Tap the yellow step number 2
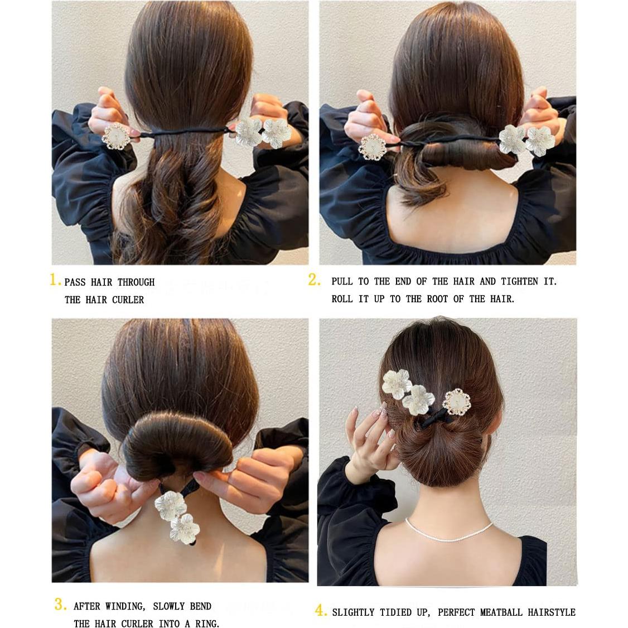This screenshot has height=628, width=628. click(314, 280)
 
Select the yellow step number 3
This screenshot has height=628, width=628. click(61, 604)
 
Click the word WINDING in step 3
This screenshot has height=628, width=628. click(127, 606)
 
